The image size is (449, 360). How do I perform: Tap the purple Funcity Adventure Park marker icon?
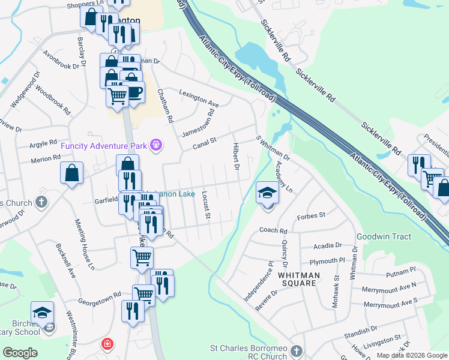click(157, 145)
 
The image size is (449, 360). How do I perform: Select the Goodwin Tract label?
click(384, 237)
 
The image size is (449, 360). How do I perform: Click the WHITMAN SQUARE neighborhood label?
click(298, 278)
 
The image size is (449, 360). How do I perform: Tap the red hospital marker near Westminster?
click(107, 344)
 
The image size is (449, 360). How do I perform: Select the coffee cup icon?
click(133, 91)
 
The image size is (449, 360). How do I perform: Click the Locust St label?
click(204, 205)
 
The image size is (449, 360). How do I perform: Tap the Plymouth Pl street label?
click(327, 262)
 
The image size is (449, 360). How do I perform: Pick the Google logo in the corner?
click(20, 352)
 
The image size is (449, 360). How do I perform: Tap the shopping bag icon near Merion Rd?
click(71, 173)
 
